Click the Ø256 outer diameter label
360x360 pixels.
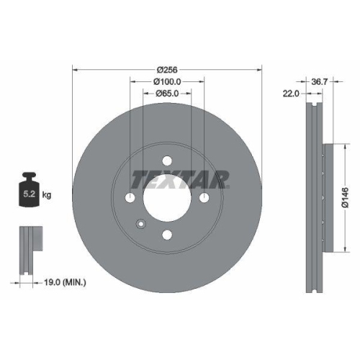[x=167, y=70]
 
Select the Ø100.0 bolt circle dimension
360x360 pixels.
[x=167, y=82]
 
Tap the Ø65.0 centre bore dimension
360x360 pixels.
[x=167, y=94]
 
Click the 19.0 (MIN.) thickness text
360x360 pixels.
[x=63, y=283]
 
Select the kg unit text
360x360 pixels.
[x=47, y=194]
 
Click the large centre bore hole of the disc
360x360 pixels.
[x=167, y=197]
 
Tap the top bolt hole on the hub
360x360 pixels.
[x=167, y=161]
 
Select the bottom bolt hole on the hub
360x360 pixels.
[x=167, y=234]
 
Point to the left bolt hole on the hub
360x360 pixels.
[x=130, y=197]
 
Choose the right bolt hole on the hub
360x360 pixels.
[x=204, y=197]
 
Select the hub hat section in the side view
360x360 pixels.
[x=327, y=197]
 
